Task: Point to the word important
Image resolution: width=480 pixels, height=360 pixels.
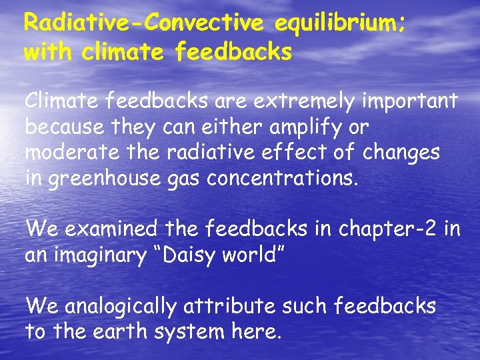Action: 409,101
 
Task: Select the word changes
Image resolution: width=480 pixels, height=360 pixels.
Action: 402,153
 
